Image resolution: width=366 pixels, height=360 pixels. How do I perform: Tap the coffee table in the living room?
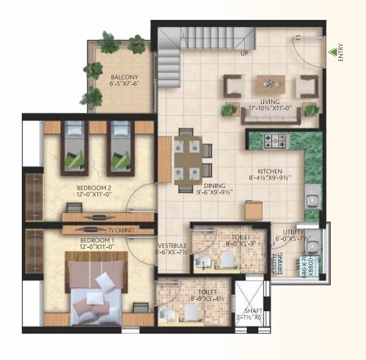click(270, 83)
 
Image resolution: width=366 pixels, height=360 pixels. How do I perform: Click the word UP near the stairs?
click(244, 54)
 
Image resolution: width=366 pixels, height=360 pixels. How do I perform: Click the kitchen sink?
click(312, 198)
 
